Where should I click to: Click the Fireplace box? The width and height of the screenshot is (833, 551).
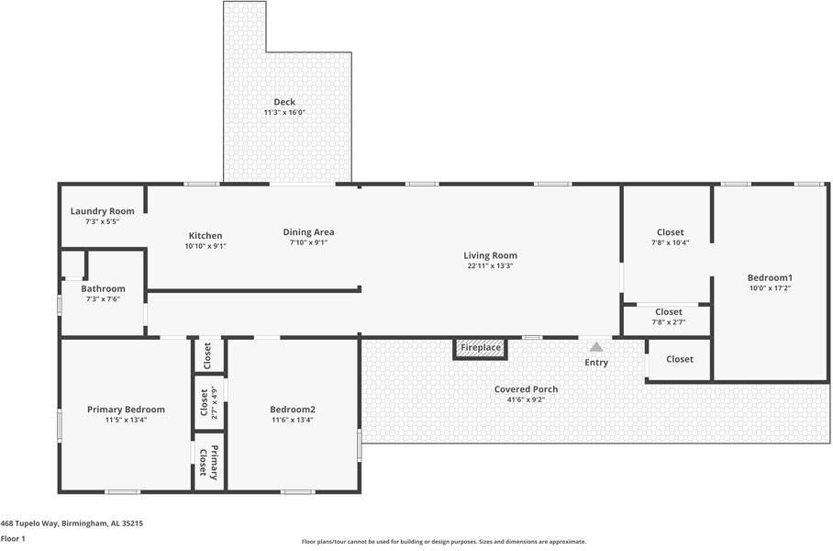(x=480, y=348)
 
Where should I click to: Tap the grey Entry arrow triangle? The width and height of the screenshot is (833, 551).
(x=596, y=347)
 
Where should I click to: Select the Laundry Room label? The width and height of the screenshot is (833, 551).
(x=103, y=211)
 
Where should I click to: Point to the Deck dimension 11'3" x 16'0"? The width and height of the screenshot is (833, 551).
(x=284, y=112)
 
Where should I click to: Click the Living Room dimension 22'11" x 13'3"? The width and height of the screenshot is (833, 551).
(x=490, y=266)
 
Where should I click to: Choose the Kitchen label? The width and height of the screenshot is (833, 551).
(x=205, y=236)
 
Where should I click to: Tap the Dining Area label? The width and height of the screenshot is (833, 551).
(x=308, y=232)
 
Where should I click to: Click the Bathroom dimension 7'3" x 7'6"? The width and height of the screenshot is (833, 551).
(x=103, y=298)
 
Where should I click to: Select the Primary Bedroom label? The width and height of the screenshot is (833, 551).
(x=126, y=410)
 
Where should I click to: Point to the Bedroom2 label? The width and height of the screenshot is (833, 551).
(x=293, y=410)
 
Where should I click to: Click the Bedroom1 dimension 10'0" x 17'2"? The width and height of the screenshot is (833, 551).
(x=771, y=288)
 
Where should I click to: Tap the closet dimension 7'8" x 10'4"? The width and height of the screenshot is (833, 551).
(x=671, y=242)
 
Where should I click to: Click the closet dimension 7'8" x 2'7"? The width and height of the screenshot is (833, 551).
(x=669, y=321)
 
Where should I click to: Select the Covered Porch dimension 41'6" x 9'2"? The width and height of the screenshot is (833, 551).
(x=527, y=399)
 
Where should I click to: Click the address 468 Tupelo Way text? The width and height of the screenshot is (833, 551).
(x=72, y=523)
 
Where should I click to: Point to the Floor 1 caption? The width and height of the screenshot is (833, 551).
(x=13, y=539)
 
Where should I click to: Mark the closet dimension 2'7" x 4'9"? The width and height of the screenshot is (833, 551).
(x=215, y=402)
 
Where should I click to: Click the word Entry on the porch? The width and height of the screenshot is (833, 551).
(x=596, y=362)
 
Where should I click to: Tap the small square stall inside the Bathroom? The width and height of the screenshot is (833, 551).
(x=72, y=264)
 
